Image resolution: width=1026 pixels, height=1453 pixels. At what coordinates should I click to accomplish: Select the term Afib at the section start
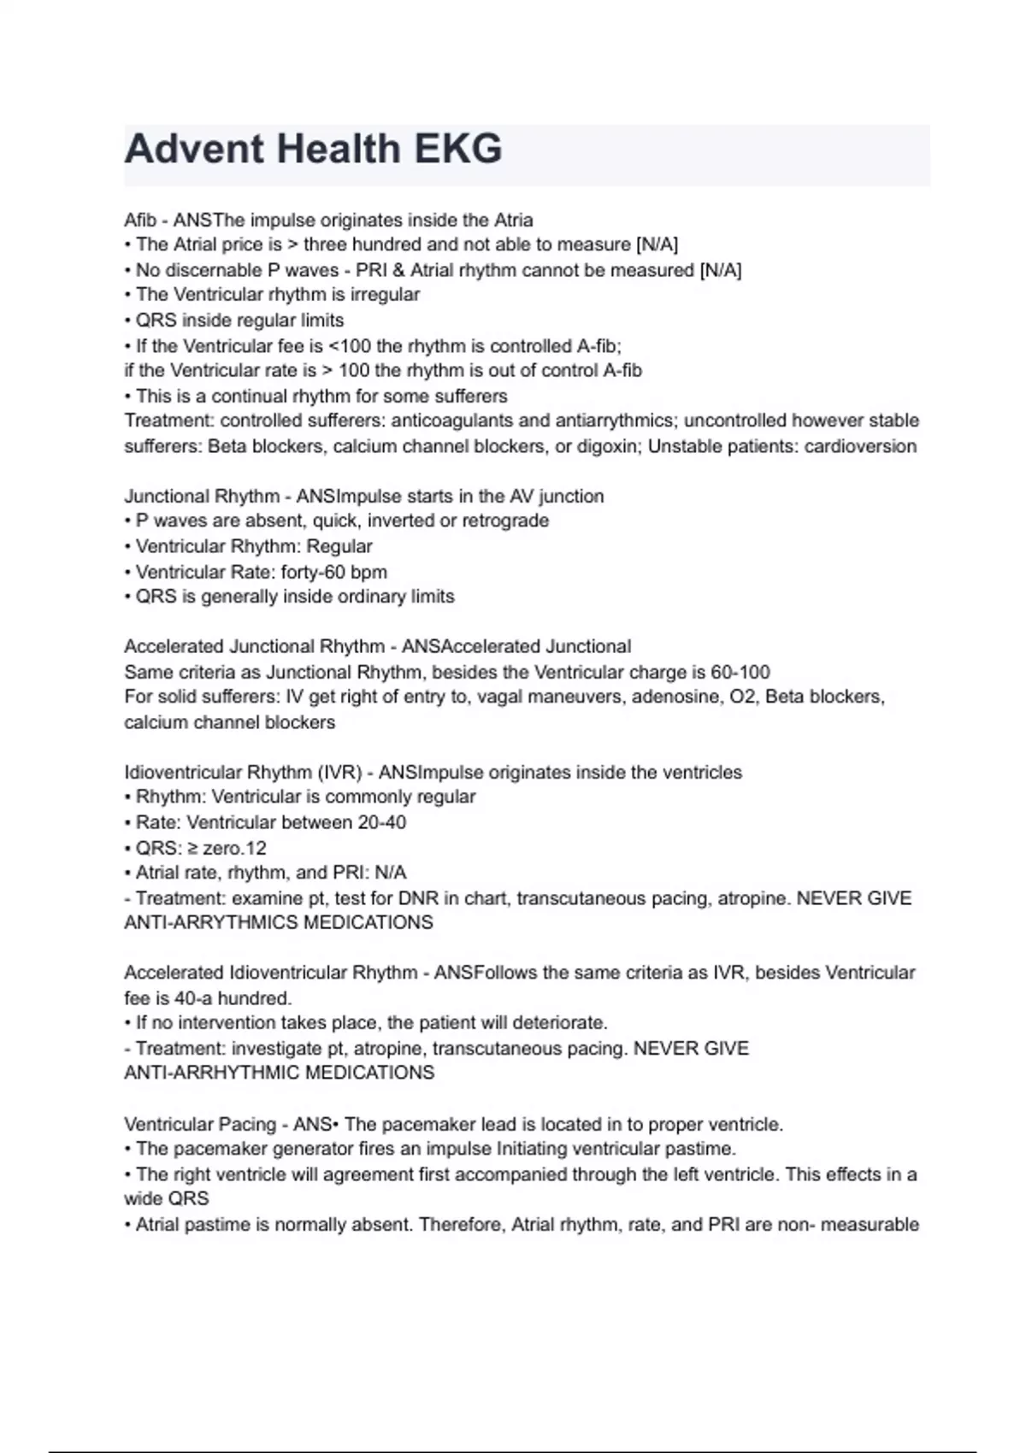pos(140,220)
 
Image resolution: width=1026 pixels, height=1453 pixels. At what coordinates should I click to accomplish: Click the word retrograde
pos(505,521)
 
